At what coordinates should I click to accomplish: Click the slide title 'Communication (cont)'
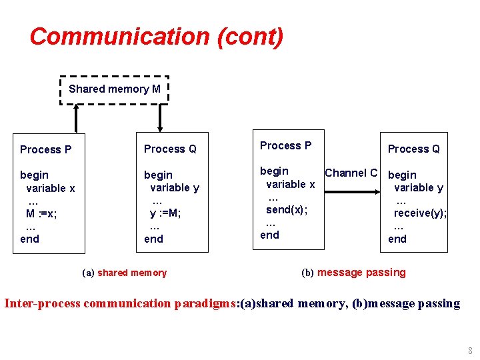(x=157, y=36)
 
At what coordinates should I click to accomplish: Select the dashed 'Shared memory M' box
(x=115, y=89)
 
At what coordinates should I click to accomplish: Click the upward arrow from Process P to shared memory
(x=77, y=117)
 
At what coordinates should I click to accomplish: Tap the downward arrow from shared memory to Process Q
(x=160, y=117)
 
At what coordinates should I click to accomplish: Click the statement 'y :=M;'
(x=165, y=213)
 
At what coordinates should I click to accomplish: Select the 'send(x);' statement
(x=287, y=209)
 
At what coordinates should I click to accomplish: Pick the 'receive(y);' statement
(x=420, y=213)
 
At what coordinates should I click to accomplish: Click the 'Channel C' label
(x=351, y=173)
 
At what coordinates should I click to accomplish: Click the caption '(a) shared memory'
(x=124, y=273)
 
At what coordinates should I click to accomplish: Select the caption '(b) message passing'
(x=353, y=273)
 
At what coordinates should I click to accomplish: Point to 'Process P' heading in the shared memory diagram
(x=45, y=149)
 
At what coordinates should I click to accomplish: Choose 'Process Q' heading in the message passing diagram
(x=413, y=149)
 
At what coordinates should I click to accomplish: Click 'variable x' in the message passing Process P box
(x=291, y=184)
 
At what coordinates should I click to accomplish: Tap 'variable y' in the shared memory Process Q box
(x=174, y=188)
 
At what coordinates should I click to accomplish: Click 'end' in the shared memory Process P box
(x=30, y=239)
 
